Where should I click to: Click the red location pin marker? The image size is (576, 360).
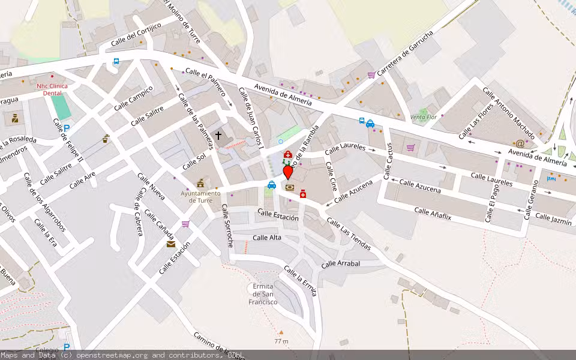click(288, 172)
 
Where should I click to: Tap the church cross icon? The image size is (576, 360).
click(218, 136)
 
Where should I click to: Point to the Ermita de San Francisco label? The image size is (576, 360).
click(265, 294)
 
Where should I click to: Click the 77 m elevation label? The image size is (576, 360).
click(281, 341)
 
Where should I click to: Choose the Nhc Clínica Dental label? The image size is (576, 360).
click(52, 89)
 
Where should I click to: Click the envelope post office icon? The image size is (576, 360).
click(172, 244)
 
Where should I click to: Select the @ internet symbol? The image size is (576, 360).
click(520, 143)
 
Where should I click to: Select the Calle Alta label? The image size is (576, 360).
click(267, 238)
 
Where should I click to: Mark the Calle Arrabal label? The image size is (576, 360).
click(340, 263)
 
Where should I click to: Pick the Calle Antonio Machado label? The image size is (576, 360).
click(508, 113)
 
